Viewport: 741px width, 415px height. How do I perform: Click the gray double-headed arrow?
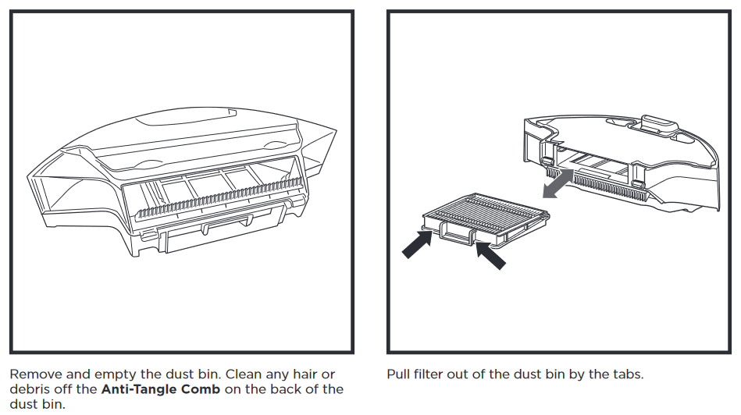tap(558, 183)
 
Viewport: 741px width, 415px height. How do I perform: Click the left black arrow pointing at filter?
tap(417, 243)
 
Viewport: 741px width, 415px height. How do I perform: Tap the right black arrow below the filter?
tap(490, 255)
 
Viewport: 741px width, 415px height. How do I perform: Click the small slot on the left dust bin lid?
tap(232, 112)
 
